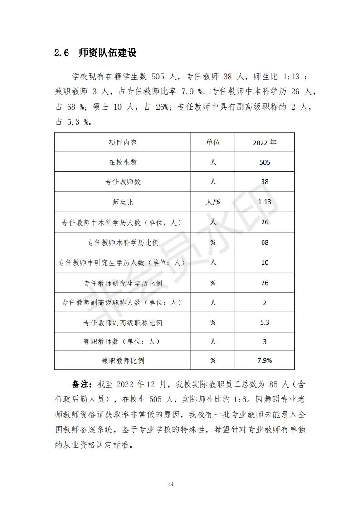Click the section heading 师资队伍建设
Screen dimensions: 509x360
click(107, 53)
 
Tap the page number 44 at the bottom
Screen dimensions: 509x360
click(171, 484)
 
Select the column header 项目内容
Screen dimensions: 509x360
click(122, 142)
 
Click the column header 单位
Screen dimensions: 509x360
click(213, 142)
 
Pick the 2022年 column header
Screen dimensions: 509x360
click(265, 142)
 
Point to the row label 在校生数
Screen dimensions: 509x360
click(122, 162)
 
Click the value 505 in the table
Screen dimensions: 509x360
click(265, 162)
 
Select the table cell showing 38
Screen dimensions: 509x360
click(265, 182)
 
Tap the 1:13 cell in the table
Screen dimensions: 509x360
click(265, 202)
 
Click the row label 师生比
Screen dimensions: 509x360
click(122, 202)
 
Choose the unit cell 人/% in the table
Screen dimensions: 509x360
click(213, 202)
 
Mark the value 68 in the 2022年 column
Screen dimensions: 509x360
click(265, 242)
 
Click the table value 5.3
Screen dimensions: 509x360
click(265, 322)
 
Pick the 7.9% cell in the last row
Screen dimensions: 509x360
click(265, 361)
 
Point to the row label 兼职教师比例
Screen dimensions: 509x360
click(122, 361)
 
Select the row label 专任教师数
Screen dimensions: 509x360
click(122, 182)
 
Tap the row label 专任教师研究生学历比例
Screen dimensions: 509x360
click(122, 283)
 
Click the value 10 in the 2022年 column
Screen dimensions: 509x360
click(265, 262)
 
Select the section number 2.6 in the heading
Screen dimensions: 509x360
click(62, 53)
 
